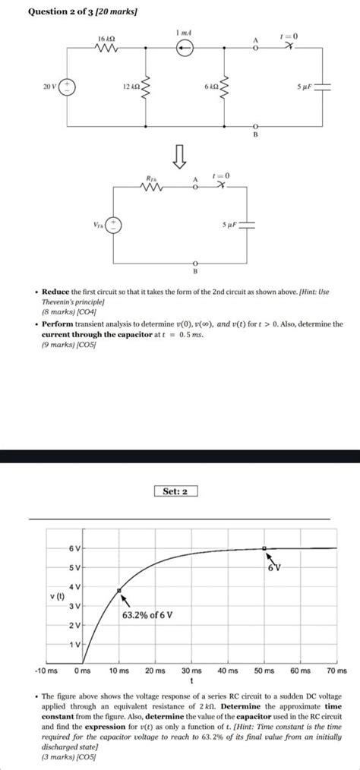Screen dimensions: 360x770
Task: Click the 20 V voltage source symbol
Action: click(x=68, y=87)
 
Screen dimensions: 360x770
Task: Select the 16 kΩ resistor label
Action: click(x=106, y=38)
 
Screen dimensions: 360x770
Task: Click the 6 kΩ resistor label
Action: click(x=211, y=87)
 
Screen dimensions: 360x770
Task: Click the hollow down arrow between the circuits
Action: click(x=180, y=156)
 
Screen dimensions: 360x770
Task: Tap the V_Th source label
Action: click(x=98, y=225)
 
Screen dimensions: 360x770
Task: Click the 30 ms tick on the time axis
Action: click(x=191, y=671)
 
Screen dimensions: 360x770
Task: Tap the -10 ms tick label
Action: click(x=46, y=671)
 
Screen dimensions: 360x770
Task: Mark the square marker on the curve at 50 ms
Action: click(x=264, y=548)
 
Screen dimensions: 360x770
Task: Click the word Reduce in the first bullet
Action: click(x=55, y=292)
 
